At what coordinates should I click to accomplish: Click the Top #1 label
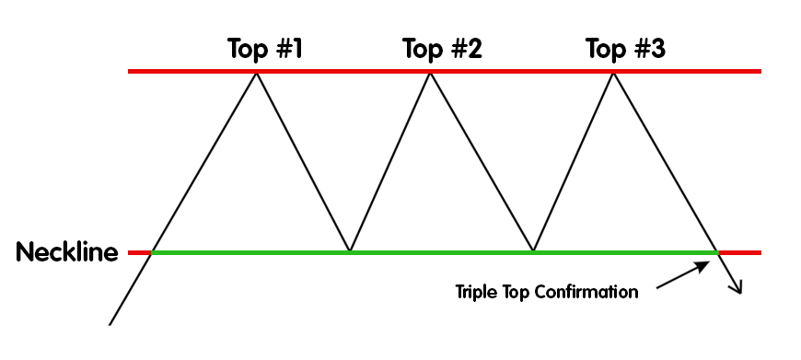(x=265, y=49)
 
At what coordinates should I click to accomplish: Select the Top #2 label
(x=441, y=49)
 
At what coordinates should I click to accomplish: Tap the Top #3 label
(x=625, y=49)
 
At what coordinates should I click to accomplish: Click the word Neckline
(x=67, y=252)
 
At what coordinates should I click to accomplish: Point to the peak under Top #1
(x=257, y=72)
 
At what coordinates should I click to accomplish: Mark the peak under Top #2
(x=429, y=72)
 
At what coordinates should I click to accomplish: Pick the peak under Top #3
(x=612, y=72)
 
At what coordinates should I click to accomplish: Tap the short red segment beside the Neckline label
(x=139, y=251)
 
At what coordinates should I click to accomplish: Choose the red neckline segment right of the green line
(x=740, y=251)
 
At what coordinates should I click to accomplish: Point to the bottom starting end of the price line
(x=110, y=324)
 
